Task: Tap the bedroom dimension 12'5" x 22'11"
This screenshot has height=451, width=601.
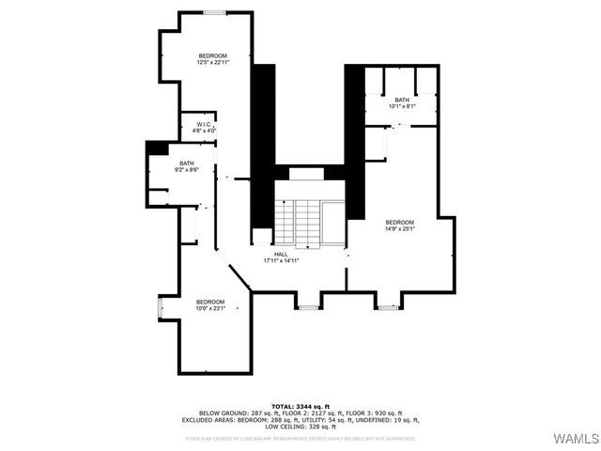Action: click(213, 63)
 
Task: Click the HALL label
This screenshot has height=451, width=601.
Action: click(281, 254)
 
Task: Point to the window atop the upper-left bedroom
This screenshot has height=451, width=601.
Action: click(216, 13)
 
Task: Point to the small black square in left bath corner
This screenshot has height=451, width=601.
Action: click(156, 148)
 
